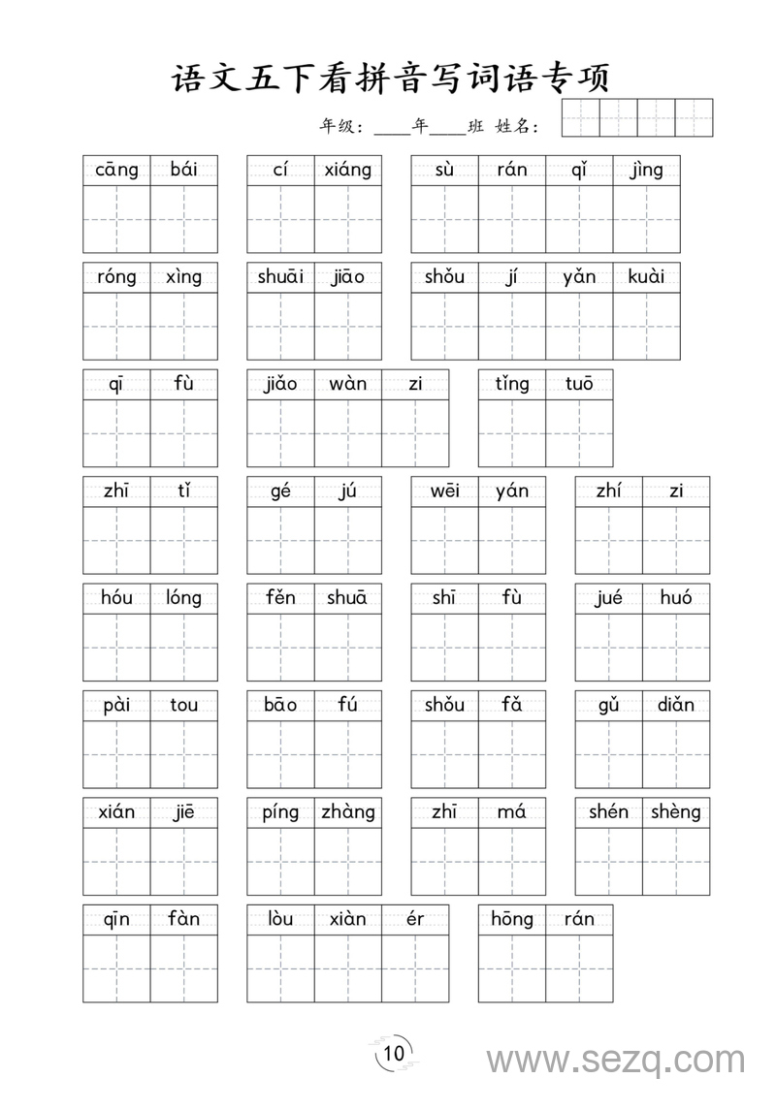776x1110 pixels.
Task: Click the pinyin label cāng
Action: click(116, 171)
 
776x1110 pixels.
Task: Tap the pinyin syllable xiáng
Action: click(348, 171)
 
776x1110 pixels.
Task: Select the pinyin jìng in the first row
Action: click(646, 171)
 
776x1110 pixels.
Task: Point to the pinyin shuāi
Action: click(280, 277)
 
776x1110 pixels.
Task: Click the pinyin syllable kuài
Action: click(646, 277)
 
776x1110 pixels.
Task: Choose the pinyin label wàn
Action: click(347, 384)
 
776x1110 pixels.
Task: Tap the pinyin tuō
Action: click(579, 384)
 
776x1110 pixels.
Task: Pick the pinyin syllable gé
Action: click(280, 492)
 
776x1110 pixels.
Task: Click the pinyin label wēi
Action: click(444, 492)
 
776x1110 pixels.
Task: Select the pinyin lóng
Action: click(183, 598)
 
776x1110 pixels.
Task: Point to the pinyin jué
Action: click(608, 598)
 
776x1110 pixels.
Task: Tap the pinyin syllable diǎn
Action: click(675, 705)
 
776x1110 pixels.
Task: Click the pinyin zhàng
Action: click(348, 812)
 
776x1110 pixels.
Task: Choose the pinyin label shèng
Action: click(675, 812)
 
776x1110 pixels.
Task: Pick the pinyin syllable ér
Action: click(415, 919)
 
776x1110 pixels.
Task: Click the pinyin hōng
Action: click(511, 919)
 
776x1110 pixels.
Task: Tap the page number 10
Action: click(394, 1054)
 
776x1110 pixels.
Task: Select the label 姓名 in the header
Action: click(515, 126)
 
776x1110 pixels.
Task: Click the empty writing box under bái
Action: click(184, 219)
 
